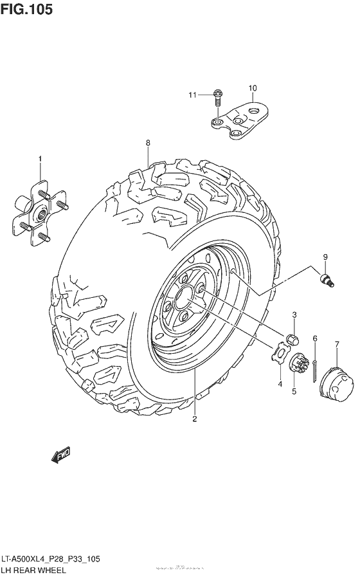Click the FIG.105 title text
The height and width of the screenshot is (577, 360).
point(27,10)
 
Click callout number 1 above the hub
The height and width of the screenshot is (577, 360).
point(39,158)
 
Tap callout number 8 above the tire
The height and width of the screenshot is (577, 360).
point(147,142)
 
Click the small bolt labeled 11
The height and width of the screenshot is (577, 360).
point(217,97)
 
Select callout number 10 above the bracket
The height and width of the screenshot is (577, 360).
point(252,87)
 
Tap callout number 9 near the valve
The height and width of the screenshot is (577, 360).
point(325,257)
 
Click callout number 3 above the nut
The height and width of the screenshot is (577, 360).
point(294,315)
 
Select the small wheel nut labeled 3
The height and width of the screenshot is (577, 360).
point(291,340)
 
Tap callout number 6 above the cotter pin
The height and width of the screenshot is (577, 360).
point(315,338)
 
